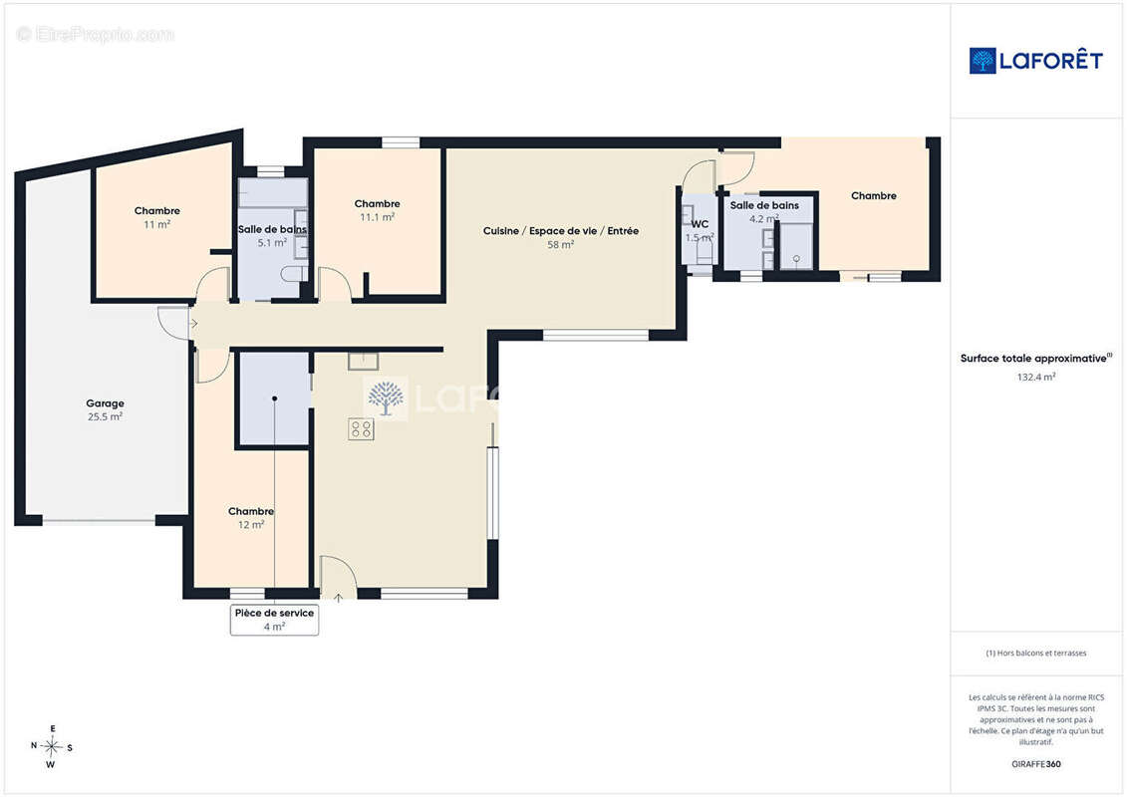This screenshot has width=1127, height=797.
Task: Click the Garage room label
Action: (x=105, y=403)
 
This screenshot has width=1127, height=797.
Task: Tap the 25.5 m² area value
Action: (x=105, y=416)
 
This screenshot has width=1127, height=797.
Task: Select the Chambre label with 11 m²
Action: (x=156, y=210)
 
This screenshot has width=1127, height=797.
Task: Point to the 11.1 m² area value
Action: (x=378, y=217)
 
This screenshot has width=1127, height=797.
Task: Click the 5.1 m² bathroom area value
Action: (x=272, y=243)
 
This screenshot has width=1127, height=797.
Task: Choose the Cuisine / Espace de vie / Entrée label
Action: (x=561, y=231)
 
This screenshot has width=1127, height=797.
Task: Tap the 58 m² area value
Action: (x=561, y=244)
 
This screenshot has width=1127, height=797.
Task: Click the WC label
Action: (x=701, y=224)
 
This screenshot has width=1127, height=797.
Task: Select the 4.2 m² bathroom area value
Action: (x=764, y=218)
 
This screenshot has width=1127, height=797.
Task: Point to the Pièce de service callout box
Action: (x=275, y=620)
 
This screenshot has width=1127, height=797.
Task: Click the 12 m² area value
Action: (x=251, y=525)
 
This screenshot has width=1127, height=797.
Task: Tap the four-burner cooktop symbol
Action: (x=361, y=429)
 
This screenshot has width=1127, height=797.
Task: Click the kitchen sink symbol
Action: (x=364, y=361)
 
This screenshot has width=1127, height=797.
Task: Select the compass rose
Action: (x=52, y=747)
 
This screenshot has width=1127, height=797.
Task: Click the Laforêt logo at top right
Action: (x=1035, y=61)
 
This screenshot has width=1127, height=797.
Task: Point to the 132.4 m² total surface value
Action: (x=1035, y=377)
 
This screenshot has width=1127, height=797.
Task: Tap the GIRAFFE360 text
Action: (x=1035, y=764)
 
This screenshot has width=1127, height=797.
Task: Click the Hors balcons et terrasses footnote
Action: (x=1035, y=654)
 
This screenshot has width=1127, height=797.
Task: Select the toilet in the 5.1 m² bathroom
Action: (x=294, y=274)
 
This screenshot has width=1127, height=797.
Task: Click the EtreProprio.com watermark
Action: (x=96, y=34)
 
